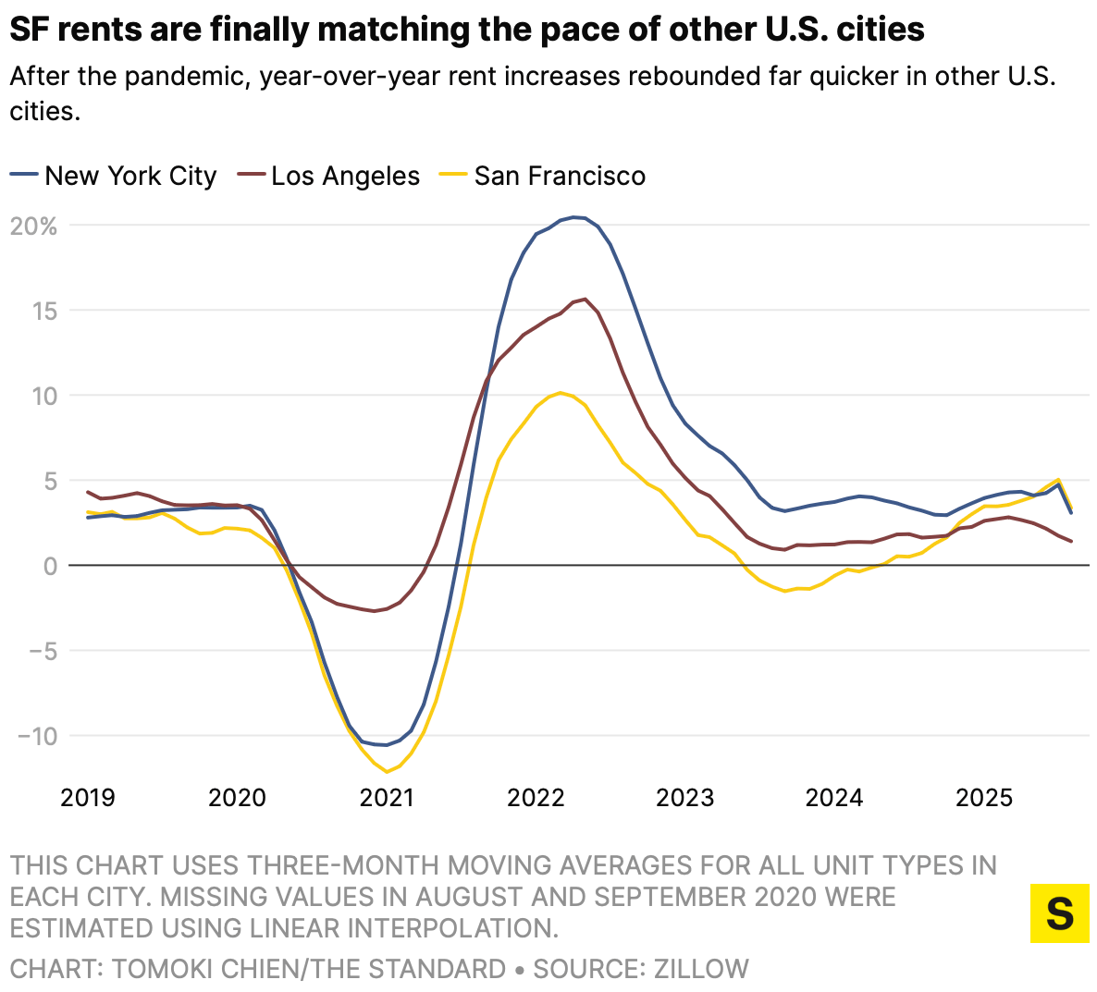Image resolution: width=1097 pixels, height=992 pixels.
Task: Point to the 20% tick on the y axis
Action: point(33,226)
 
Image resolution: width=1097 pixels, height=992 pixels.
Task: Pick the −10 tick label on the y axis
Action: point(38,736)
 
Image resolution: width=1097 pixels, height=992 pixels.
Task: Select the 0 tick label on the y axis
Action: point(50,566)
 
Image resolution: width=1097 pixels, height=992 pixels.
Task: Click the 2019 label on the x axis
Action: point(88,797)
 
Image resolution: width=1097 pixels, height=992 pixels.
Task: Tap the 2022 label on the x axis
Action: point(536,797)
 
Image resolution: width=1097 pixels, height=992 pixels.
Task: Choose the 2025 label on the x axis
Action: point(984,797)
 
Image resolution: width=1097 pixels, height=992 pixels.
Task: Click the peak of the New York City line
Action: point(574,217)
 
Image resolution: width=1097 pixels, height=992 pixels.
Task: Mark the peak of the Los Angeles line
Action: point(585,299)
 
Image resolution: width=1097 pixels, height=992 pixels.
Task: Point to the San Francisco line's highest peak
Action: point(561,392)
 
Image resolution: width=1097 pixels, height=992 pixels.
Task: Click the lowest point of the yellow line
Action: point(388,772)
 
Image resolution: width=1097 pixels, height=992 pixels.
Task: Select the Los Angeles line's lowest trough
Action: point(375,611)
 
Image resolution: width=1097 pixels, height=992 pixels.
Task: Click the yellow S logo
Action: point(1059,913)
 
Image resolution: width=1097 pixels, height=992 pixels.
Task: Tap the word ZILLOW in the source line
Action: point(701,968)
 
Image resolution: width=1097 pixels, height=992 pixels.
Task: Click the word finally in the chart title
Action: point(261,30)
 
